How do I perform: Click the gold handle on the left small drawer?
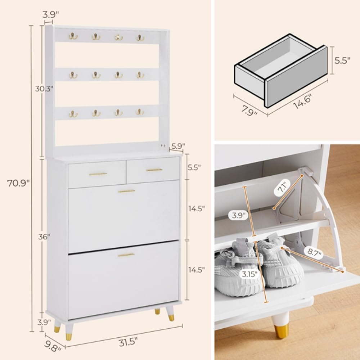98,174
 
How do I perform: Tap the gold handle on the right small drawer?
154,170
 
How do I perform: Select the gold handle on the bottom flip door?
126,255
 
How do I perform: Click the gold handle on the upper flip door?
126,191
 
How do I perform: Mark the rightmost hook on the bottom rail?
140,112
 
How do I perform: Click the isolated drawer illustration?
281,70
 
